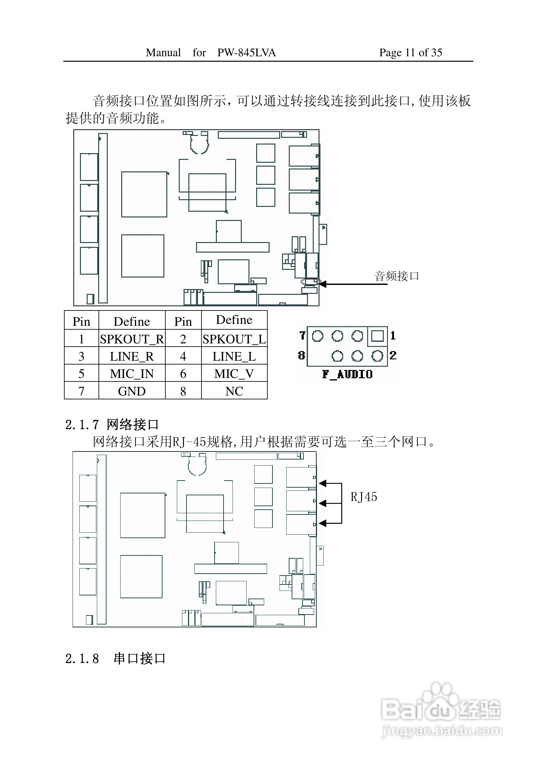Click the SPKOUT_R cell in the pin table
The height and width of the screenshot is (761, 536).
click(x=132, y=339)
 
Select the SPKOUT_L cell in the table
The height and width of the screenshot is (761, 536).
click(x=234, y=339)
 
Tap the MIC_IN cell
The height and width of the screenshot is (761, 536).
click(x=132, y=373)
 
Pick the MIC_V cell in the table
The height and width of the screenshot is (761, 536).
click(x=234, y=373)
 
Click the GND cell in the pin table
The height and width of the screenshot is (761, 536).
click(x=132, y=391)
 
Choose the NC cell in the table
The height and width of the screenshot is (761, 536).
click(x=234, y=391)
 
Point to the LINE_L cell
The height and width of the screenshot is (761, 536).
click(x=234, y=356)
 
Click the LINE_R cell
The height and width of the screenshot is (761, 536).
click(x=132, y=356)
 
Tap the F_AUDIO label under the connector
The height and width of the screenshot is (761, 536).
click(x=347, y=374)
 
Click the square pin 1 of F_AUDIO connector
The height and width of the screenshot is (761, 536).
click(x=377, y=336)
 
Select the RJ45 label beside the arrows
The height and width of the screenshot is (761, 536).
click(x=364, y=497)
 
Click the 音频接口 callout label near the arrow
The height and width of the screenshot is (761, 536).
click(x=397, y=276)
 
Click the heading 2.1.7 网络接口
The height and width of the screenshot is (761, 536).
click(x=112, y=424)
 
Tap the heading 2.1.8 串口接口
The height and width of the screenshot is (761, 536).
click(x=115, y=659)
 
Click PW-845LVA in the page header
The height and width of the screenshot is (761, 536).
click(x=247, y=52)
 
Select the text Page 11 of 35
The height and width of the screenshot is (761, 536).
click(x=411, y=52)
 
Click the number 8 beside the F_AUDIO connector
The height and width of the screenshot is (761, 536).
click(x=301, y=355)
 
